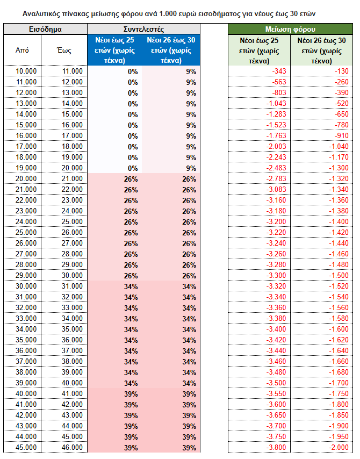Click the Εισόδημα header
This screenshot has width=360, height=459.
pos(45,29)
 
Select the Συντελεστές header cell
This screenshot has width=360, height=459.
pos(143,29)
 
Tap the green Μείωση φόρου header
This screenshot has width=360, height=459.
pos(290,29)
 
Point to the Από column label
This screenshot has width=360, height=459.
pos(23,50)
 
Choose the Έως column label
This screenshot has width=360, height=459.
pos(64,50)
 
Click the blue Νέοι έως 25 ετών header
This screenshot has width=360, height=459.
pos(114,50)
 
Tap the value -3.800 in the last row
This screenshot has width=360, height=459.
pos(276,447)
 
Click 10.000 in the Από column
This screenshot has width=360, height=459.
pos(26,71)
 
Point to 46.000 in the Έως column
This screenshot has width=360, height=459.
pos(72,447)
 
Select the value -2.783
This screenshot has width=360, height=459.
pos(276,178)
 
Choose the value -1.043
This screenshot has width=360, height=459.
pos(276,103)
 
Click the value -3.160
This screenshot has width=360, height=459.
pos(276,200)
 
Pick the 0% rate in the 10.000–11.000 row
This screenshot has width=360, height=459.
pos(132,71)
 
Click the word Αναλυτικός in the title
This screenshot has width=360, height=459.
pos(45,11)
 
